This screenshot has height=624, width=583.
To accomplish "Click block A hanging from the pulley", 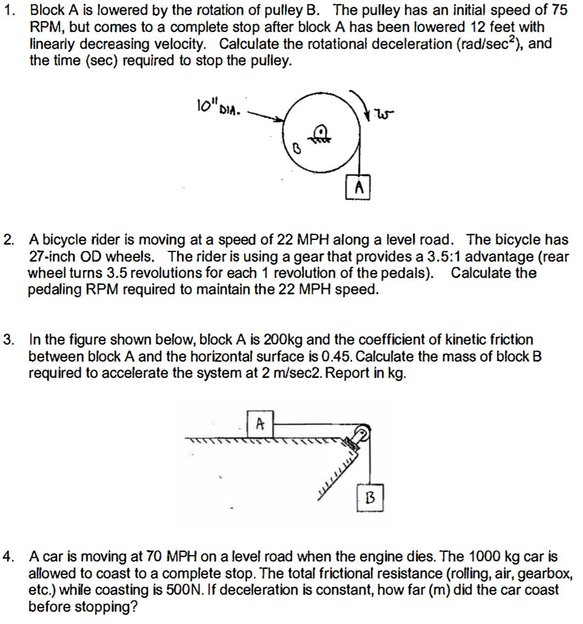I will (358, 187).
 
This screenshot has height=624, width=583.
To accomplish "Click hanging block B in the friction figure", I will (370, 497).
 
